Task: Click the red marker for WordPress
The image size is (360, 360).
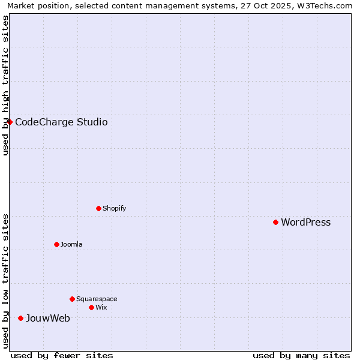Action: point(275,222)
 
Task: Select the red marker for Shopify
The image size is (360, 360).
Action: point(98,208)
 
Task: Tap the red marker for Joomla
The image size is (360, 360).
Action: point(56,244)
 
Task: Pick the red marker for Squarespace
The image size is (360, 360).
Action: point(72,299)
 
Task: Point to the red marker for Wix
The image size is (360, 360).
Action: point(91,307)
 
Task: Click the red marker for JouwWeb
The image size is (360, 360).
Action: point(20,318)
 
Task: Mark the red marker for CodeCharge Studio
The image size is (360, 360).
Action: point(10,122)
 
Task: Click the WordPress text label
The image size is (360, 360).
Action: point(305,223)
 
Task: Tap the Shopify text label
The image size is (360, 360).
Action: point(114,209)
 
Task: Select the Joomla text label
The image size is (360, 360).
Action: point(71,245)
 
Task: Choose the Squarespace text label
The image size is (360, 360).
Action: point(97,299)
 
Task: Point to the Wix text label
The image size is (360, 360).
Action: point(101,308)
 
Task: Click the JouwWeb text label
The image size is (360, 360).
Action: point(47,319)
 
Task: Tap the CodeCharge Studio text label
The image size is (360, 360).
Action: point(61,122)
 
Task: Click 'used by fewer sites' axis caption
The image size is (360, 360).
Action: point(62,355)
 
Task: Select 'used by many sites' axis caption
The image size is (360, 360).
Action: point(301,355)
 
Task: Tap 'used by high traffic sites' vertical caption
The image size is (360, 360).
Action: point(5,85)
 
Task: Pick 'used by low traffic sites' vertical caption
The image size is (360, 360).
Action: point(5,280)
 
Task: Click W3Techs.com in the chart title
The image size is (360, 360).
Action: point(323,5)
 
